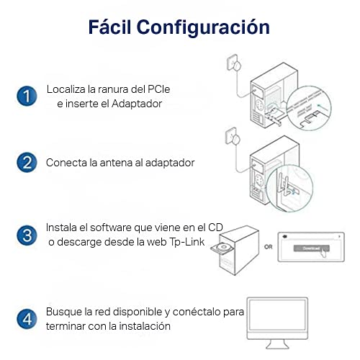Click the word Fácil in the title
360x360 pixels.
(x=110, y=27)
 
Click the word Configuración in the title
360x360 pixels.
(x=203, y=28)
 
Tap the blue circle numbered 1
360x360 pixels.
(x=27, y=96)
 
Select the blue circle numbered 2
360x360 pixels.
(x=27, y=163)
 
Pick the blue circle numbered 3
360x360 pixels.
(x=27, y=235)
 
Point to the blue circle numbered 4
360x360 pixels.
(x=27, y=319)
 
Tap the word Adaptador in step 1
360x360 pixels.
(x=137, y=104)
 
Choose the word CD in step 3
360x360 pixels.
(x=215, y=228)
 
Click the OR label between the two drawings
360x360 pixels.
(x=269, y=247)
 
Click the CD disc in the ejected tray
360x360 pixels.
(x=224, y=247)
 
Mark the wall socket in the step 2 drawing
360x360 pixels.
(x=231, y=135)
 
